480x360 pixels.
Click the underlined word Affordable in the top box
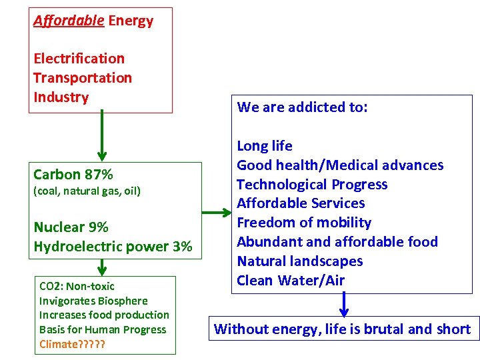[x=69, y=21]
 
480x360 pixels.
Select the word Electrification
[x=79, y=59]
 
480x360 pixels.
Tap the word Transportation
[x=83, y=78]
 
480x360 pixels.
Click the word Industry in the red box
[x=61, y=97]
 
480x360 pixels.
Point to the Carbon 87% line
[x=73, y=175]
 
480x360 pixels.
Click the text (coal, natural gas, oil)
[x=87, y=191]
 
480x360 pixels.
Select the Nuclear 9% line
[x=71, y=227]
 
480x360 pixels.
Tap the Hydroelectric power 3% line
[x=113, y=247]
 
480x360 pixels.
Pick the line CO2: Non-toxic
[x=77, y=286]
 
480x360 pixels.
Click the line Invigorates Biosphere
[x=93, y=301]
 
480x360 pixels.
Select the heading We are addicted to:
[x=302, y=107]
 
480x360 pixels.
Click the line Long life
[x=265, y=146]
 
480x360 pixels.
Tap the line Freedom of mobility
[x=304, y=223]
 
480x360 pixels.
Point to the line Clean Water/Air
[x=291, y=281]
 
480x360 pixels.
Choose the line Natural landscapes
[x=300, y=261]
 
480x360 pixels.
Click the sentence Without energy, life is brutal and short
[x=342, y=329]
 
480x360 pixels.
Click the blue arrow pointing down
[x=343, y=304]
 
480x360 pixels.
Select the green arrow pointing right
[x=216, y=213]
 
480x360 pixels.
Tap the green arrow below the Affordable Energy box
[x=101, y=137]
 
